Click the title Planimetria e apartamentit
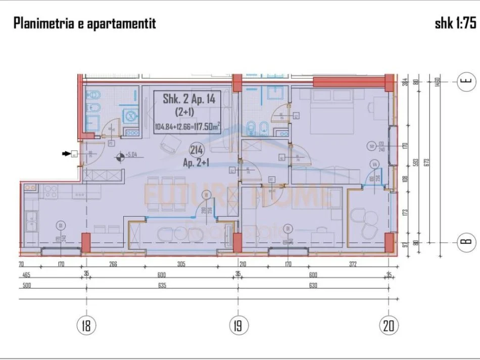click(84, 23)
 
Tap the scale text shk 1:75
click(455, 23)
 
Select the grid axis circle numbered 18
click(87, 326)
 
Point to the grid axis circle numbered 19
click(238, 326)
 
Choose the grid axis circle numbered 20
click(388, 326)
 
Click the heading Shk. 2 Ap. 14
click(189, 99)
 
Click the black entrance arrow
click(66, 154)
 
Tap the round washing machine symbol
click(131, 115)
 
